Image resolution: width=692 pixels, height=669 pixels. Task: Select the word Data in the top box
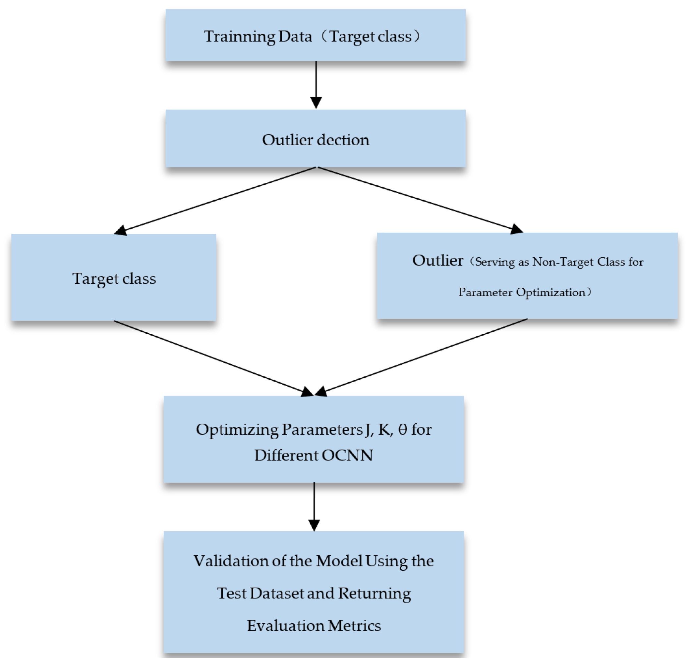[x=295, y=37]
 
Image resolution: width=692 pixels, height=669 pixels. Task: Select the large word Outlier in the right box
[x=437, y=261]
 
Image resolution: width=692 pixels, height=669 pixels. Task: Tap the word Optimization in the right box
[x=551, y=292]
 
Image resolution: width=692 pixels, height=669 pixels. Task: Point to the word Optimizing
[x=237, y=430]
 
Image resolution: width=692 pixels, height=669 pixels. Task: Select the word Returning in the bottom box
[x=374, y=594]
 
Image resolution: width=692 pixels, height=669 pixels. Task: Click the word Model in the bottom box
[x=339, y=561]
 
